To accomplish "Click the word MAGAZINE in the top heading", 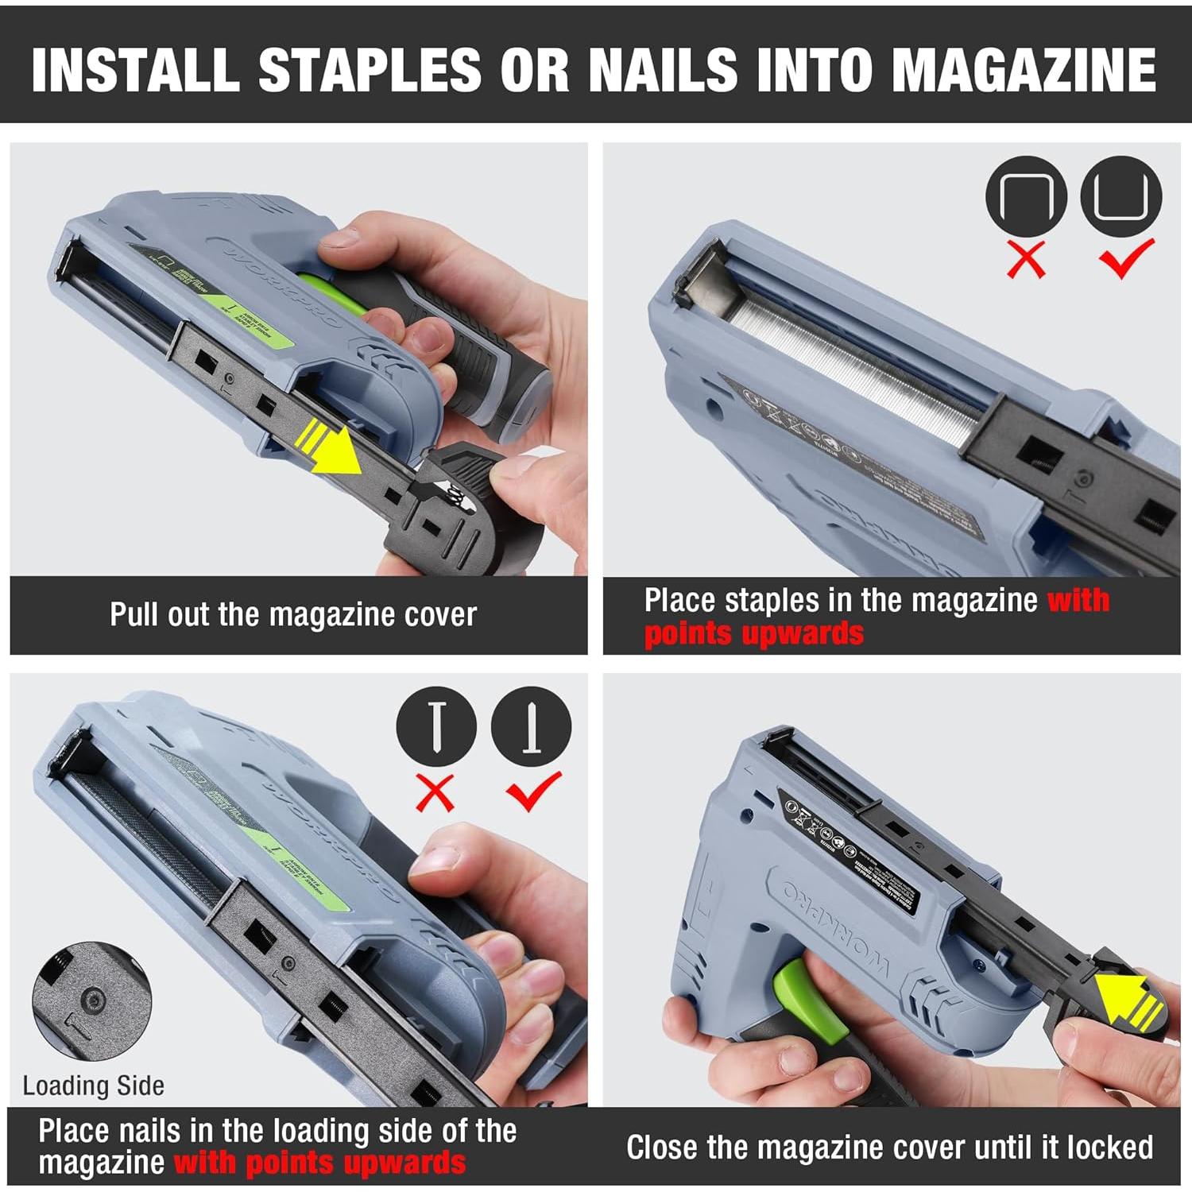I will click(x=1024, y=70).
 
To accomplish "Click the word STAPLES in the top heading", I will click(x=370, y=70).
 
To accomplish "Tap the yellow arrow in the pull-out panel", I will click(x=335, y=451).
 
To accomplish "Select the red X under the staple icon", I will click(x=1026, y=259).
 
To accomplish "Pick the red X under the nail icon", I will click(x=435, y=791).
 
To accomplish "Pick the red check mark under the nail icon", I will click(x=533, y=790).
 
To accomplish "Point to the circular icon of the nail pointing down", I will click(x=436, y=726).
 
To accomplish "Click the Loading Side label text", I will click(x=93, y=1086).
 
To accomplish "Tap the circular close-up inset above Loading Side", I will click(x=91, y=1001).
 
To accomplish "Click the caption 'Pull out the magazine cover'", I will click(x=293, y=615).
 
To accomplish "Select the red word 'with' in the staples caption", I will click(x=1078, y=600).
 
